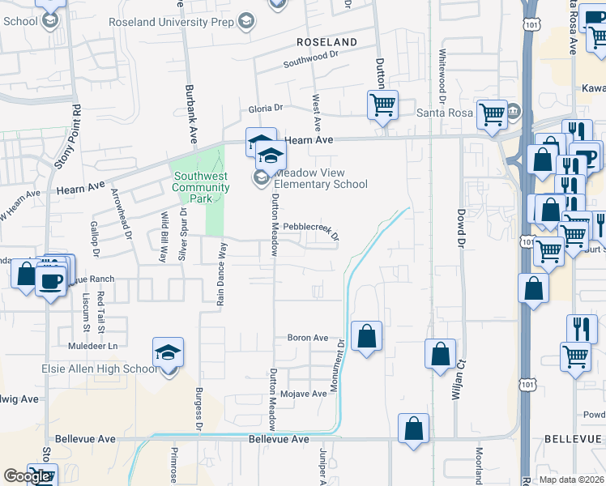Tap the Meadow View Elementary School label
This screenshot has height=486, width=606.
(321, 178)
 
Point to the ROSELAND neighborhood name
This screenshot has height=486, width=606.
(326, 41)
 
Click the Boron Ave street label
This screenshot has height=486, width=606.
(308, 338)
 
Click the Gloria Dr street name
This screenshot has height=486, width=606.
(266, 108)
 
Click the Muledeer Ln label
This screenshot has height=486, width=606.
(92, 346)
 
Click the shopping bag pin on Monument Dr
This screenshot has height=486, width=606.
(366, 335)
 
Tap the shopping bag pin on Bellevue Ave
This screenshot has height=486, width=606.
(413, 428)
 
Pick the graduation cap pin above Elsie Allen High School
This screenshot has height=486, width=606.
(168, 352)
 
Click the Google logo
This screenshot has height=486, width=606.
(27, 476)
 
